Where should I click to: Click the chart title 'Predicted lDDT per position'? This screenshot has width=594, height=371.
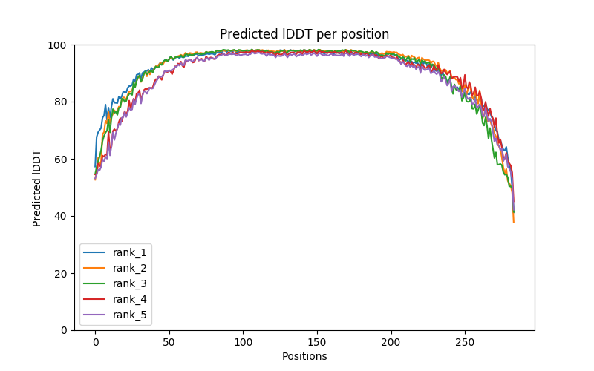[304, 35]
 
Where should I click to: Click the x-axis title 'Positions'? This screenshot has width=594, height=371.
[304, 356]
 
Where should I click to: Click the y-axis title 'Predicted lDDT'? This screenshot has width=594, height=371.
[37, 188]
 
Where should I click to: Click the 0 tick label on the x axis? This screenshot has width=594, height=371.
[95, 342]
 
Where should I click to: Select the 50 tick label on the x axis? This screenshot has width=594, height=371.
[169, 342]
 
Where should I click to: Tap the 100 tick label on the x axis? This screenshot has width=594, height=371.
[243, 342]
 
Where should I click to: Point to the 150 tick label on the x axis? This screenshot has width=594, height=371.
[317, 342]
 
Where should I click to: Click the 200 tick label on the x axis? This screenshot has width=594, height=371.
[391, 342]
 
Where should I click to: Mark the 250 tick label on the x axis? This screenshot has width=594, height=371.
[465, 342]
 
